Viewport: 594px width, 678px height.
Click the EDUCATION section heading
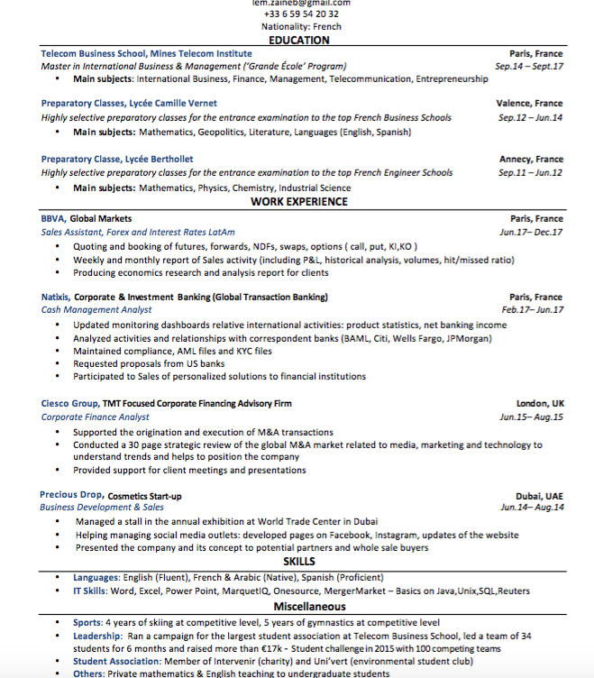pos(298,41)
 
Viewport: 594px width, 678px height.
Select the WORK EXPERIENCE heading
pos(298,202)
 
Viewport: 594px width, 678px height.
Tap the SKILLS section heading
pos(298,562)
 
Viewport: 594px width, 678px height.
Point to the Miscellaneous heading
pos(298,607)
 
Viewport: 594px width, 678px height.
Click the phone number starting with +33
pos(301,14)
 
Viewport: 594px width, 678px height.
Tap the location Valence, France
pos(529,104)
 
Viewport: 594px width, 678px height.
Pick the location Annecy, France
pos(531,160)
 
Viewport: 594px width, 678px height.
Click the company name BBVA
pos(53,218)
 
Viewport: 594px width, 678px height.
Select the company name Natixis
pos(55,297)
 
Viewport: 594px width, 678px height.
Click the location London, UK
pos(540,403)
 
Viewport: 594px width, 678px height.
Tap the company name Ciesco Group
pos(70,403)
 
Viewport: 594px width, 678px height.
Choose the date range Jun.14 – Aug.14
pos(532,508)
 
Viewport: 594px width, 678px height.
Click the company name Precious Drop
pos(71,495)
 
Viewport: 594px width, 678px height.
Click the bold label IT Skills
pos(90,591)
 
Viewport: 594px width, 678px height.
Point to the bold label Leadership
pos(98,636)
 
